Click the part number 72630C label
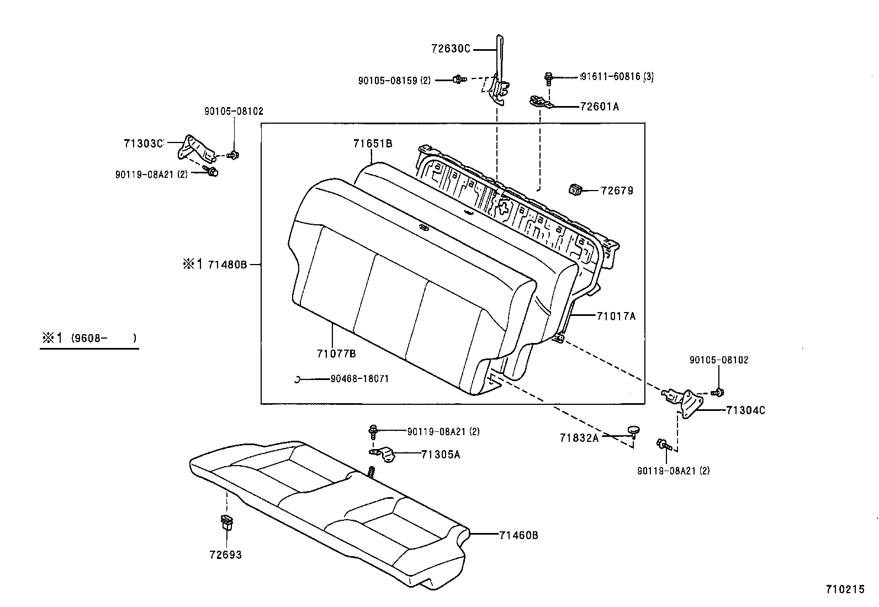click(x=450, y=49)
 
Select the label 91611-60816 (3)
click(x=617, y=77)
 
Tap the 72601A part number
click(x=600, y=107)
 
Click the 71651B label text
click(x=373, y=144)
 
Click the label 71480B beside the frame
click(x=227, y=265)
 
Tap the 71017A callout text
click(x=616, y=316)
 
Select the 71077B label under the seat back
click(x=336, y=353)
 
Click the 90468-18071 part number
click(x=359, y=379)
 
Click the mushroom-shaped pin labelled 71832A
click(x=633, y=430)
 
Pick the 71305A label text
click(x=441, y=455)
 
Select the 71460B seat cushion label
click(x=518, y=535)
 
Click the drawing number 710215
click(x=845, y=590)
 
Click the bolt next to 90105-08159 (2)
click(x=458, y=80)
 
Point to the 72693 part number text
click(x=225, y=555)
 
